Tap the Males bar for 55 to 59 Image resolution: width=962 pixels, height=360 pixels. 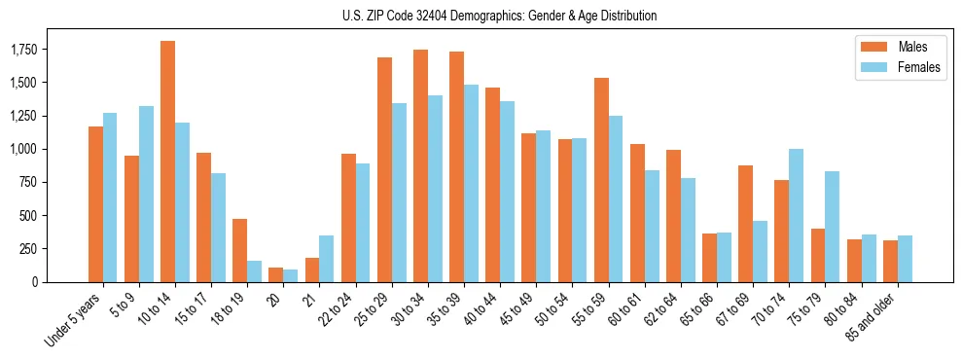click(x=601, y=180)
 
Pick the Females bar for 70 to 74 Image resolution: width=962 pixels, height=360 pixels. click(x=796, y=215)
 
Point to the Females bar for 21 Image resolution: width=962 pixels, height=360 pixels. click(x=326, y=259)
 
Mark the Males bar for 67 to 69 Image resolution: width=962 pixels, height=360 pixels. click(x=745, y=224)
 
